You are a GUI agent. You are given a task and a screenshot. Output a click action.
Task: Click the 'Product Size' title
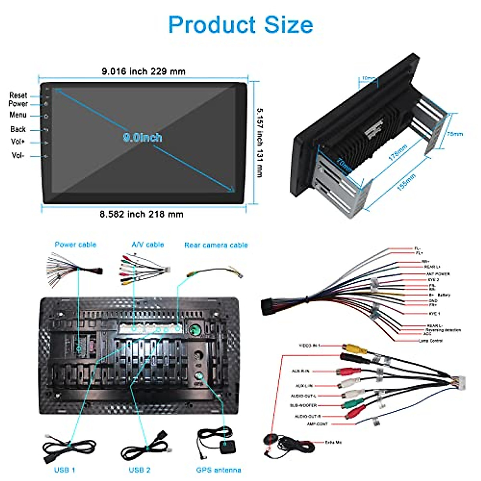pyautogui.click(x=240, y=25)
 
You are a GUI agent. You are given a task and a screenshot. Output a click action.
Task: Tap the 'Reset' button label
pyautogui.click(x=18, y=95)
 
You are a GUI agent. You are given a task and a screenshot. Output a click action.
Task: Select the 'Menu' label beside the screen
pyautogui.click(x=18, y=115)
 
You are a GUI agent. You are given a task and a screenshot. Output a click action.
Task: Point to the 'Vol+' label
pyautogui.click(x=18, y=142)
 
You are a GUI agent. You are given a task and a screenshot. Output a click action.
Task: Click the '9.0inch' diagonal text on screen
pyautogui.click(x=143, y=138)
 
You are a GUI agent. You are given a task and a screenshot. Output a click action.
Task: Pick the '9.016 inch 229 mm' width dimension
pyautogui.click(x=143, y=72)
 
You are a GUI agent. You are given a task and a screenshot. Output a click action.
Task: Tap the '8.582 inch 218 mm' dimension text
pyautogui.click(x=141, y=214)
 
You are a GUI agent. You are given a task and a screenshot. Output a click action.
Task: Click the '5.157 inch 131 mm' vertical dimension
pyautogui.click(x=260, y=142)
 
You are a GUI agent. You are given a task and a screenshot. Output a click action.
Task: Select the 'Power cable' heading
pyautogui.click(x=75, y=245)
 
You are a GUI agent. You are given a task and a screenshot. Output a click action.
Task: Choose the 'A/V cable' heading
pyautogui.click(x=148, y=245)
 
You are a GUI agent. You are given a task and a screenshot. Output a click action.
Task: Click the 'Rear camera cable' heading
pyautogui.click(x=216, y=245)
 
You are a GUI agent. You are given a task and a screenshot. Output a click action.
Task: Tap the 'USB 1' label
pyautogui.click(x=65, y=470)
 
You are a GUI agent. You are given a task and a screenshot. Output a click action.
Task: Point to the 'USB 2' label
pyautogui.click(x=139, y=470)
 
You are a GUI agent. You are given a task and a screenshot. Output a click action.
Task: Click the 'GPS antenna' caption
pyautogui.click(x=218, y=470)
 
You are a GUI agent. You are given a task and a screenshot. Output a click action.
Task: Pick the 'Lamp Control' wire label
pyautogui.click(x=430, y=341)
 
